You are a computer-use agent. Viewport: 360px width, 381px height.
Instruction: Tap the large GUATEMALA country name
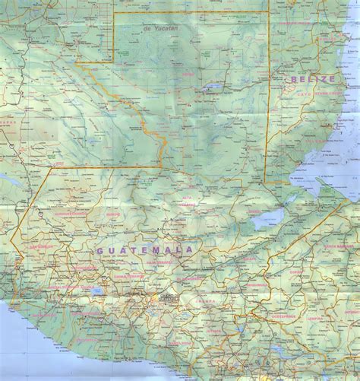click(x=145, y=249)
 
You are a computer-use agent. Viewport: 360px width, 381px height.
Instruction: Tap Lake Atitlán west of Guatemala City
click(x=95, y=290)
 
